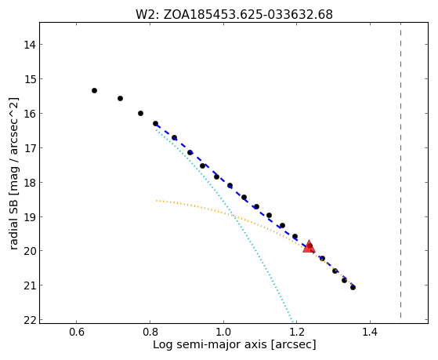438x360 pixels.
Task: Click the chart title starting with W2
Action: point(234,14)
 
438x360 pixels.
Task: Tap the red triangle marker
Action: point(309,246)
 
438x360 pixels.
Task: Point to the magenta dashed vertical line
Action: point(400,170)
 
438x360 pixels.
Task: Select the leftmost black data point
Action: point(94,90)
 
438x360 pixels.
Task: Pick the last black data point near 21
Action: point(353,287)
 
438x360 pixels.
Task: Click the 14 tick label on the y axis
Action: point(30,45)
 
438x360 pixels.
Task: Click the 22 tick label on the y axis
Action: point(30,320)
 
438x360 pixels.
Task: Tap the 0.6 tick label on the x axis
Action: point(77,332)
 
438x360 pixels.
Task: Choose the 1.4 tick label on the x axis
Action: point(370,332)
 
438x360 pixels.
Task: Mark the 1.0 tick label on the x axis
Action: point(223,332)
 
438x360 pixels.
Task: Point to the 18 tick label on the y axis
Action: point(30,183)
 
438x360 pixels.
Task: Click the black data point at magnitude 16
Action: point(140,113)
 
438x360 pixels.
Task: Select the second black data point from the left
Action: point(120,98)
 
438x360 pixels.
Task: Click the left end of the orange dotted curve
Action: point(157,200)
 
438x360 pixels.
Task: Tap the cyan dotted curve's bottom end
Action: point(292,319)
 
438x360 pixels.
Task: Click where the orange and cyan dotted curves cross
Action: point(233,216)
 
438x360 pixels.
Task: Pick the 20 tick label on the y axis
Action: point(30,251)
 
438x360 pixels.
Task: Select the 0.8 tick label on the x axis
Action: point(150,332)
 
